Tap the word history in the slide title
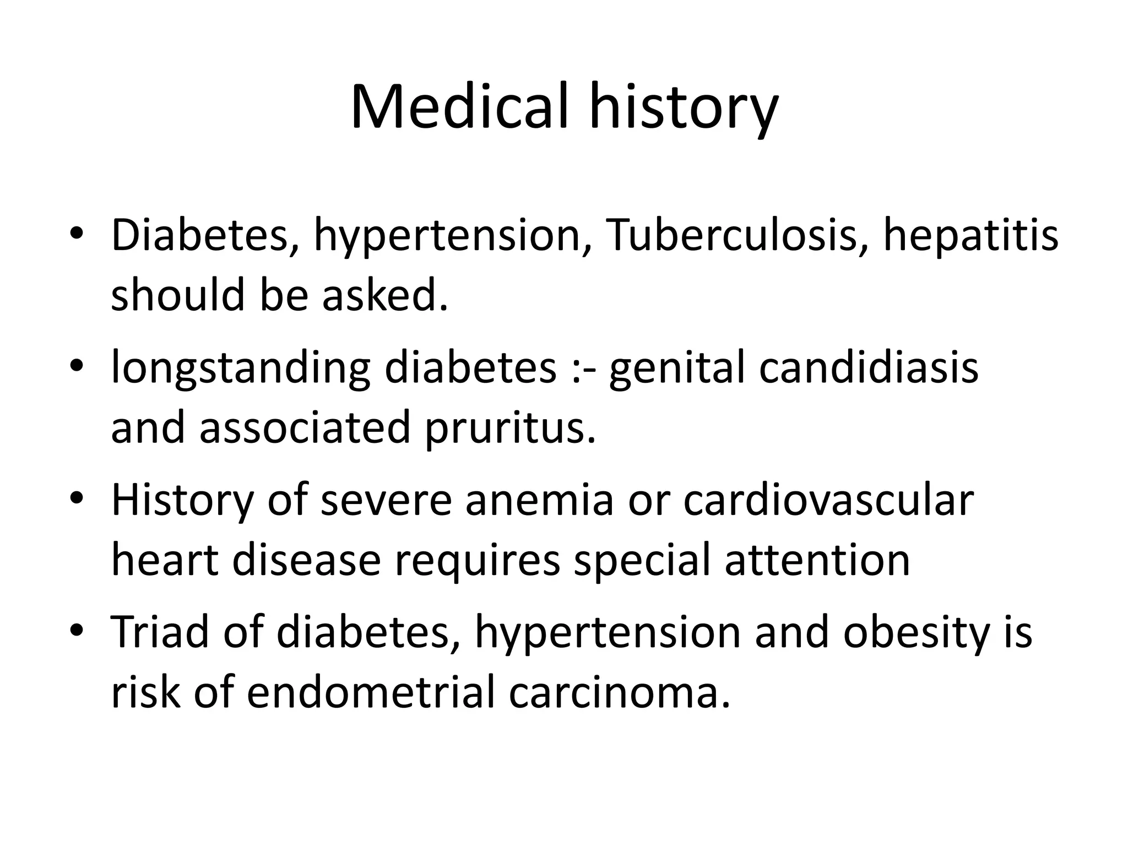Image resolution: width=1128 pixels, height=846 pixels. (x=684, y=110)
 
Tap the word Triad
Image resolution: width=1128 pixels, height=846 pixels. (x=160, y=632)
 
